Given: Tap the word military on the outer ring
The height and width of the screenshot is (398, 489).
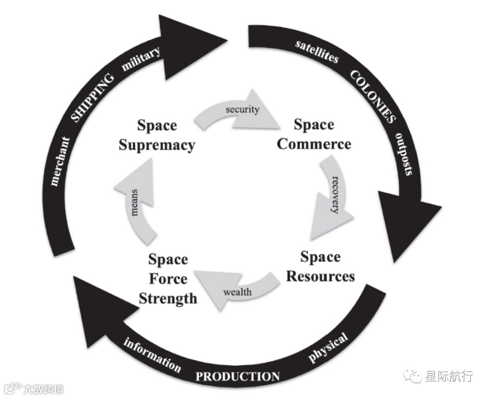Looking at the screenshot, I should (x=141, y=59).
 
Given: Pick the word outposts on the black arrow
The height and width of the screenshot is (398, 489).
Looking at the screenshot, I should (x=404, y=154).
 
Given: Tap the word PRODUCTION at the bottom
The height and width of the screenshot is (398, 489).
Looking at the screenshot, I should (x=237, y=376).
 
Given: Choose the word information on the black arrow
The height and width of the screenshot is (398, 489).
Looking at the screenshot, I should (x=152, y=355).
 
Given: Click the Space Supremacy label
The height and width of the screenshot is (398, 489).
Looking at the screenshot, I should (x=157, y=135).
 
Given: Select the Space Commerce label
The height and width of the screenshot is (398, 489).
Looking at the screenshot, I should (x=314, y=134).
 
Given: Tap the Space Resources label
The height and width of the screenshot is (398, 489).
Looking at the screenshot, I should (x=320, y=267).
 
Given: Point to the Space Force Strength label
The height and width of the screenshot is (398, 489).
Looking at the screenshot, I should (x=168, y=279).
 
